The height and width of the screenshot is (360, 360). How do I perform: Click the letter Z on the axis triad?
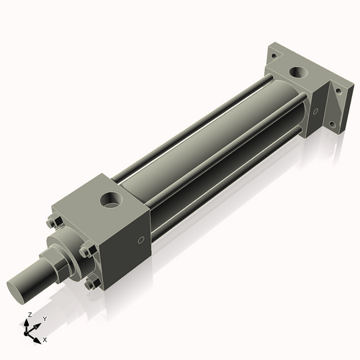point(28,315)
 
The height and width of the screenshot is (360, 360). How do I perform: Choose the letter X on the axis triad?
point(45,338)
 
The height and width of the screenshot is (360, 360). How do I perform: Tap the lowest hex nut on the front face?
point(91,284)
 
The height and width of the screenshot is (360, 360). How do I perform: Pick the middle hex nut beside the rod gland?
point(86,251)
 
